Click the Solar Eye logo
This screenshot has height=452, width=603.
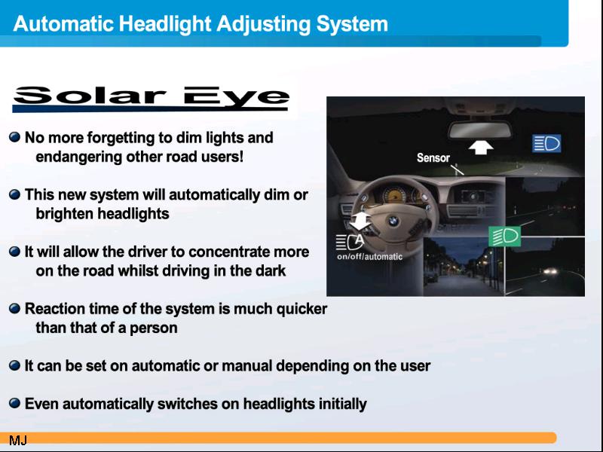pos(151,99)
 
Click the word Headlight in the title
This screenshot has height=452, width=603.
pos(165,24)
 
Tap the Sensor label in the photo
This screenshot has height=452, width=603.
pos(433,157)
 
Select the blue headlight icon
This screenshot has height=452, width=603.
pos(546,143)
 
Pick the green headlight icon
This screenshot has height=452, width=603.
pos(504,237)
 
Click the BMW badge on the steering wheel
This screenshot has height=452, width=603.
pos(393,221)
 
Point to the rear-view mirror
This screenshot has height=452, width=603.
pos(480,130)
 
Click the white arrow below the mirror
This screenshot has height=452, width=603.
pos(481,147)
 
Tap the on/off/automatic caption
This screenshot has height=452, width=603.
pos(369,257)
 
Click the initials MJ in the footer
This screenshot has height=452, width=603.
pos(18,440)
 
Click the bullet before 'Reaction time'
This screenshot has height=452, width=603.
pos(14,308)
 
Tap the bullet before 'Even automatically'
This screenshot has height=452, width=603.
pos(14,403)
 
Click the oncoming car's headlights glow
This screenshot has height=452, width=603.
pos(551,271)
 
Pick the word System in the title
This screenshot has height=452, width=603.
pos(352,24)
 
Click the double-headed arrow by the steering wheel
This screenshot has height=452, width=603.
pos(360,221)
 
